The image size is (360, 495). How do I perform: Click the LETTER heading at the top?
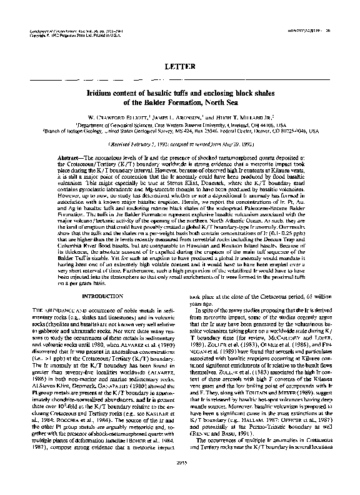click(179, 65)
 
